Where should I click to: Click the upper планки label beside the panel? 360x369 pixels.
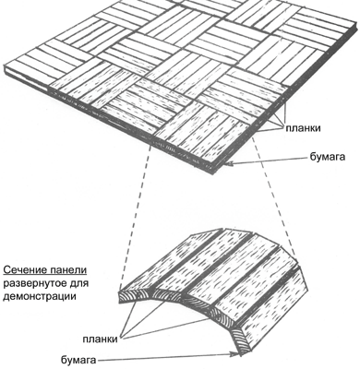[303, 128]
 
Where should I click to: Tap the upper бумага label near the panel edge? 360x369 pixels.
[327, 157]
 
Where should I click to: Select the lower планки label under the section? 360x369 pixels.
[101, 339]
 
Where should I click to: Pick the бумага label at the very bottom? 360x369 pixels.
[78, 360]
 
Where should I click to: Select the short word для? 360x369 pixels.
[79, 283]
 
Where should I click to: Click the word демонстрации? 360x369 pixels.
[40, 297]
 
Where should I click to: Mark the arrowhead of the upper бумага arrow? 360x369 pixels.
[228, 165]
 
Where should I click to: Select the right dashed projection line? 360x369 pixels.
[273, 196]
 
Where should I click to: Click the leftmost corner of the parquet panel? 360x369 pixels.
[5, 65]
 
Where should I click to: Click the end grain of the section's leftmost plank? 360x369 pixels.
[132, 296]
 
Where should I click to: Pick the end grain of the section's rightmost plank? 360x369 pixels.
[239, 340]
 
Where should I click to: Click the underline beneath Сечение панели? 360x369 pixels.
[45, 275]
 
